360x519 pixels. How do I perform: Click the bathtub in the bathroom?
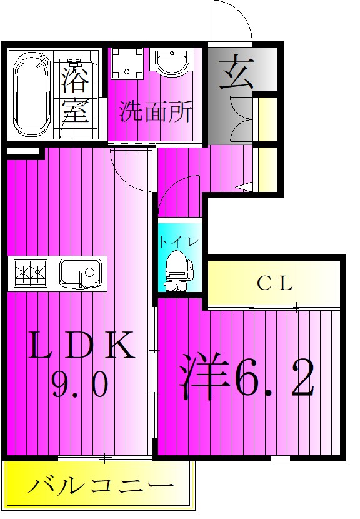point(29,95)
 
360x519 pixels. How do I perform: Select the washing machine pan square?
point(127,64)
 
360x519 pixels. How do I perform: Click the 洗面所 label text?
point(156,112)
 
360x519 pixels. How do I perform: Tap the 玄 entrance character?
point(237,72)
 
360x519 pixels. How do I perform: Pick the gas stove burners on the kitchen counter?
point(30,273)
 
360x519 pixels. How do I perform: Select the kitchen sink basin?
point(81,273)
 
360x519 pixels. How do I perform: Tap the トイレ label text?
point(179,242)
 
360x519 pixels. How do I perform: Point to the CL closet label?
point(274,283)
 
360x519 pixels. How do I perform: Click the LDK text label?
point(82,346)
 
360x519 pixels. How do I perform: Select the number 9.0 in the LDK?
point(79,384)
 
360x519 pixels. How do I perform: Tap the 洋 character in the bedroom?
point(204,376)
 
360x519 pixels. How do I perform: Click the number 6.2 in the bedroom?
point(274,377)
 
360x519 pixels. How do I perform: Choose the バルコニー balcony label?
point(101,486)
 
